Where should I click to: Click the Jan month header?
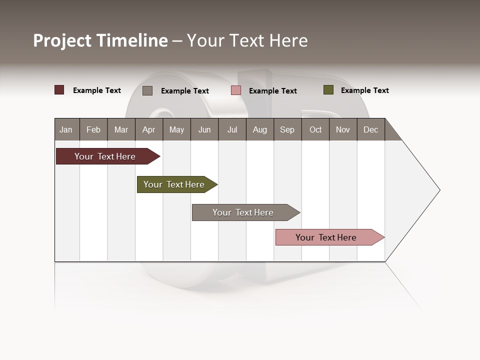coord(66,129)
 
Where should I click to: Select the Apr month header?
coord(149,129)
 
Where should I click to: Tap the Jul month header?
coord(232,129)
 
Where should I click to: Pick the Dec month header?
coord(370,129)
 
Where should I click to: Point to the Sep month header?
coord(287,129)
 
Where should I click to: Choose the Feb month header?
coord(93,129)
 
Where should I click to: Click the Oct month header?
coord(315,129)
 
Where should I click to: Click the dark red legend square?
coord(59,90)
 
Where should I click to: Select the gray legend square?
coord(147,90)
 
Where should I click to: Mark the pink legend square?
coord(236,90)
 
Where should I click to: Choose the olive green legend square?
coord(328,90)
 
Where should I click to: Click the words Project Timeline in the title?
coord(100,40)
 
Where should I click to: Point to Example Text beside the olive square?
coord(364,90)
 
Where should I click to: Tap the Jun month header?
coord(204,129)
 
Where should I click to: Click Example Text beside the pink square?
coord(272,91)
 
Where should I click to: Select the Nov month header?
coord(342,129)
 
